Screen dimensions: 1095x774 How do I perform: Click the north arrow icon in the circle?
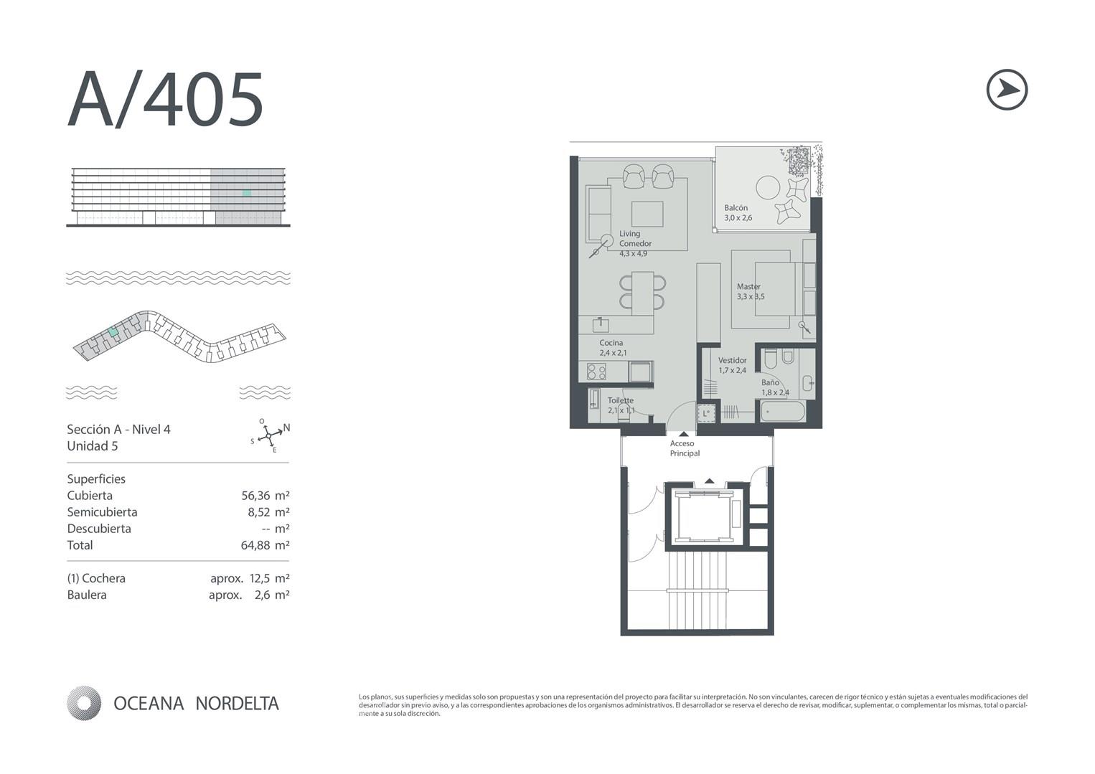tap(1007, 90)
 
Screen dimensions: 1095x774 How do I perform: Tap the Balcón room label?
tap(736, 208)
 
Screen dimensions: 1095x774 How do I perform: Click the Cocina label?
tap(611, 343)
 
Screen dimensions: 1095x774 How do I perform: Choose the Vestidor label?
tap(733, 360)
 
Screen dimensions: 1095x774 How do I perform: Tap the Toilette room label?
tap(621, 400)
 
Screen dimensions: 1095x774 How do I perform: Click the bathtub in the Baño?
tap(783, 412)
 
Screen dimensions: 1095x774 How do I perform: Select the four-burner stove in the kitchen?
tap(596, 372)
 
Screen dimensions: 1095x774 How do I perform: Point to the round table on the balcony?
tap(768, 188)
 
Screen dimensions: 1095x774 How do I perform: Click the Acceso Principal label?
tap(685, 448)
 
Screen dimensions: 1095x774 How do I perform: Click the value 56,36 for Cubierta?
tap(255, 496)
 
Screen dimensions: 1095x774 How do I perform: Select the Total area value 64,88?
tap(255, 545)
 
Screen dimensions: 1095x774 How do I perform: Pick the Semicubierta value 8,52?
tap(258, 512)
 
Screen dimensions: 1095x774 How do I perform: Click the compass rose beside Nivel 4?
tap(269, 435)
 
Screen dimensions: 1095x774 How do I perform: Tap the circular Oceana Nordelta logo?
tap(84, 703)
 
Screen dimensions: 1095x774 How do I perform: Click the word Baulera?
tap(87, 595)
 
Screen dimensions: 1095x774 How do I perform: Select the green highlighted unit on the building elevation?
tap(247, 193)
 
